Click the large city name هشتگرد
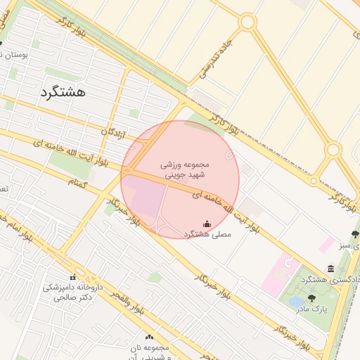click(63, 91)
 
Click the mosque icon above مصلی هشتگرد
click(207, 224)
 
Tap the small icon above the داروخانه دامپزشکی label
click(72, 277)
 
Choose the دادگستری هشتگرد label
click(331, 279)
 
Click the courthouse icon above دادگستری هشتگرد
click(330, 269)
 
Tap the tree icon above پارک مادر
click(312, 298)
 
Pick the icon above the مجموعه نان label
click(149, 337)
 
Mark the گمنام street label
click(78, 183)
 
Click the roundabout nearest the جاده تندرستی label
click(247, 22)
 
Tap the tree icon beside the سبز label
click(354, 234)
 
